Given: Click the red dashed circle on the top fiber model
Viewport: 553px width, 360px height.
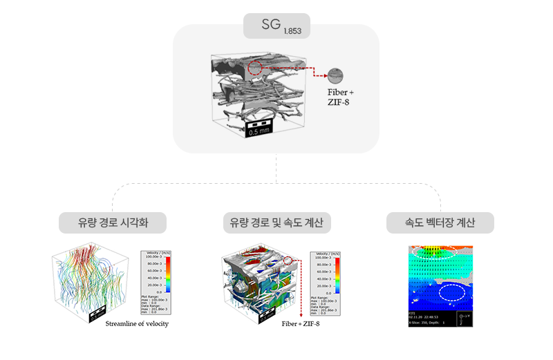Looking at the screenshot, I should pos(255,68).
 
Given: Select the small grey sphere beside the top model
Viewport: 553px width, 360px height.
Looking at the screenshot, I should pos(337,76).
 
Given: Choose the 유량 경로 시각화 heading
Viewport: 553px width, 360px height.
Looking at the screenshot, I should pos(113,222).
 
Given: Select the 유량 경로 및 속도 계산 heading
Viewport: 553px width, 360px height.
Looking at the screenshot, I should pos(276,222).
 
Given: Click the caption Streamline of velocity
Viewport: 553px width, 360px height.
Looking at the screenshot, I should pos(137,323).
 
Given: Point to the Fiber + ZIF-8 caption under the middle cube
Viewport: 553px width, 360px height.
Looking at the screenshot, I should pos(301,323).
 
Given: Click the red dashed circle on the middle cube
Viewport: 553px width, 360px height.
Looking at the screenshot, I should pos(291,260).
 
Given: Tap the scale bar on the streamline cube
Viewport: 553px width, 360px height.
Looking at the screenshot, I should pos(95,313).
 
